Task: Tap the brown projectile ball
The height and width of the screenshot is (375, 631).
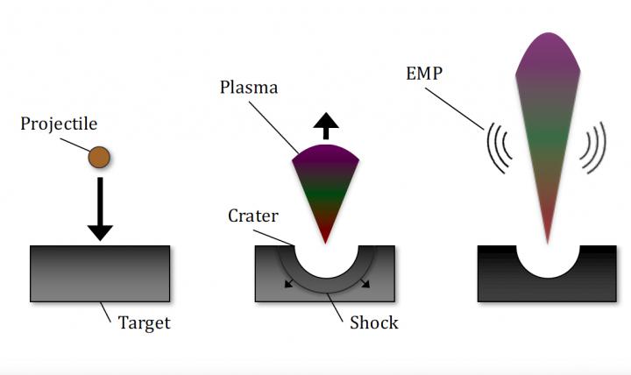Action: click(99, 157)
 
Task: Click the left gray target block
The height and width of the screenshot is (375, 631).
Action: click(99, 273)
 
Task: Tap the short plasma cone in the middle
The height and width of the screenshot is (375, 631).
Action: click(325, 184)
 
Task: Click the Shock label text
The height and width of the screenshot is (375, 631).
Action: click(373, 322)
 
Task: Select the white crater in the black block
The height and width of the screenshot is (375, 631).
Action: click(547, 262)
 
